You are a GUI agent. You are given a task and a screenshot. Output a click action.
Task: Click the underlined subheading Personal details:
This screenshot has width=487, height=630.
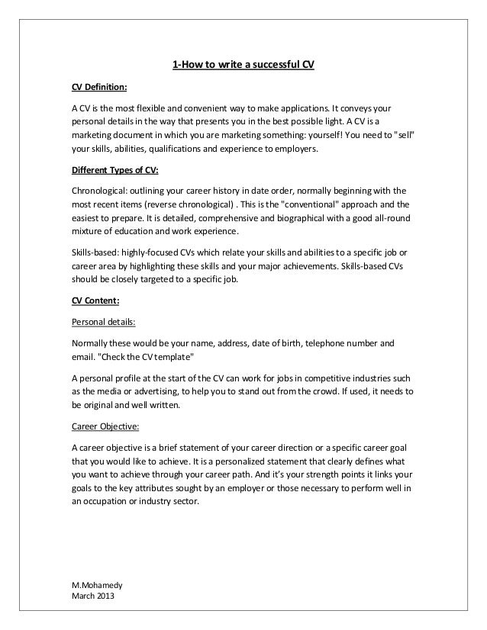tap(102, 321)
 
